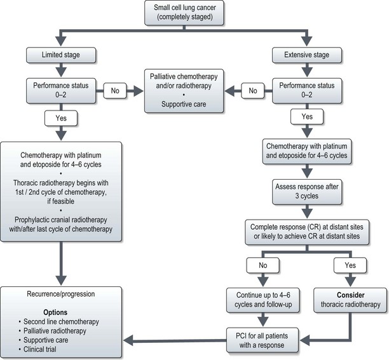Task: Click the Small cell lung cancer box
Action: (194, 15)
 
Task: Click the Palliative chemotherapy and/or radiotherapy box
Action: (187, 90)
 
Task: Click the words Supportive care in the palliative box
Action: (187, 103)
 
